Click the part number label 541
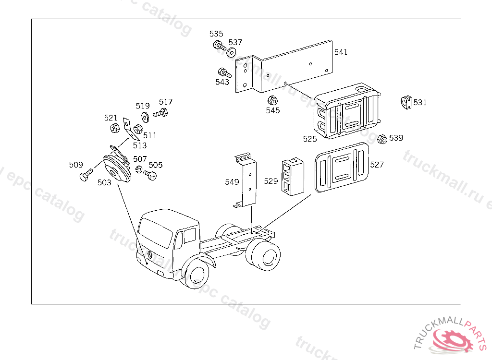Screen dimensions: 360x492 pyautogui.click(x=341, y=52)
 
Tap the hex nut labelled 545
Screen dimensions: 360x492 pyautogui.click(x=271, y=100)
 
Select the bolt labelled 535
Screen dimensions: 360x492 pyautogui.click(x=218, y=46)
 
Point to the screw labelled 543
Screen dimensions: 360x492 pyautogui.click(x=224, y=73)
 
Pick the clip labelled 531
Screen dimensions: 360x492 pyautogui.click(x=406, y=103)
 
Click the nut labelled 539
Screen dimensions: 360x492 pyautogui.click(x=382, y=139)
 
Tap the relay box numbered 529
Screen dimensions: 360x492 pyautogui.click(x=293, y=177)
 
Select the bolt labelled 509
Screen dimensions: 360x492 pyautogui.click(x=86, y=175)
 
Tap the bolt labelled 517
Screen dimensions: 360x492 pyautogui.click(x=161, y=114)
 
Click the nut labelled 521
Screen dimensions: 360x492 pyautogui.click(x=115, y=129)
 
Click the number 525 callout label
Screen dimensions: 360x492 pyautogui.click(x=310, y=139)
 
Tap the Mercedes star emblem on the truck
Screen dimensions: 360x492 pyautogui.click(x=150, y=254)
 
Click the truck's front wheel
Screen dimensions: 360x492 pyautogui.click(x=197, y=274)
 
